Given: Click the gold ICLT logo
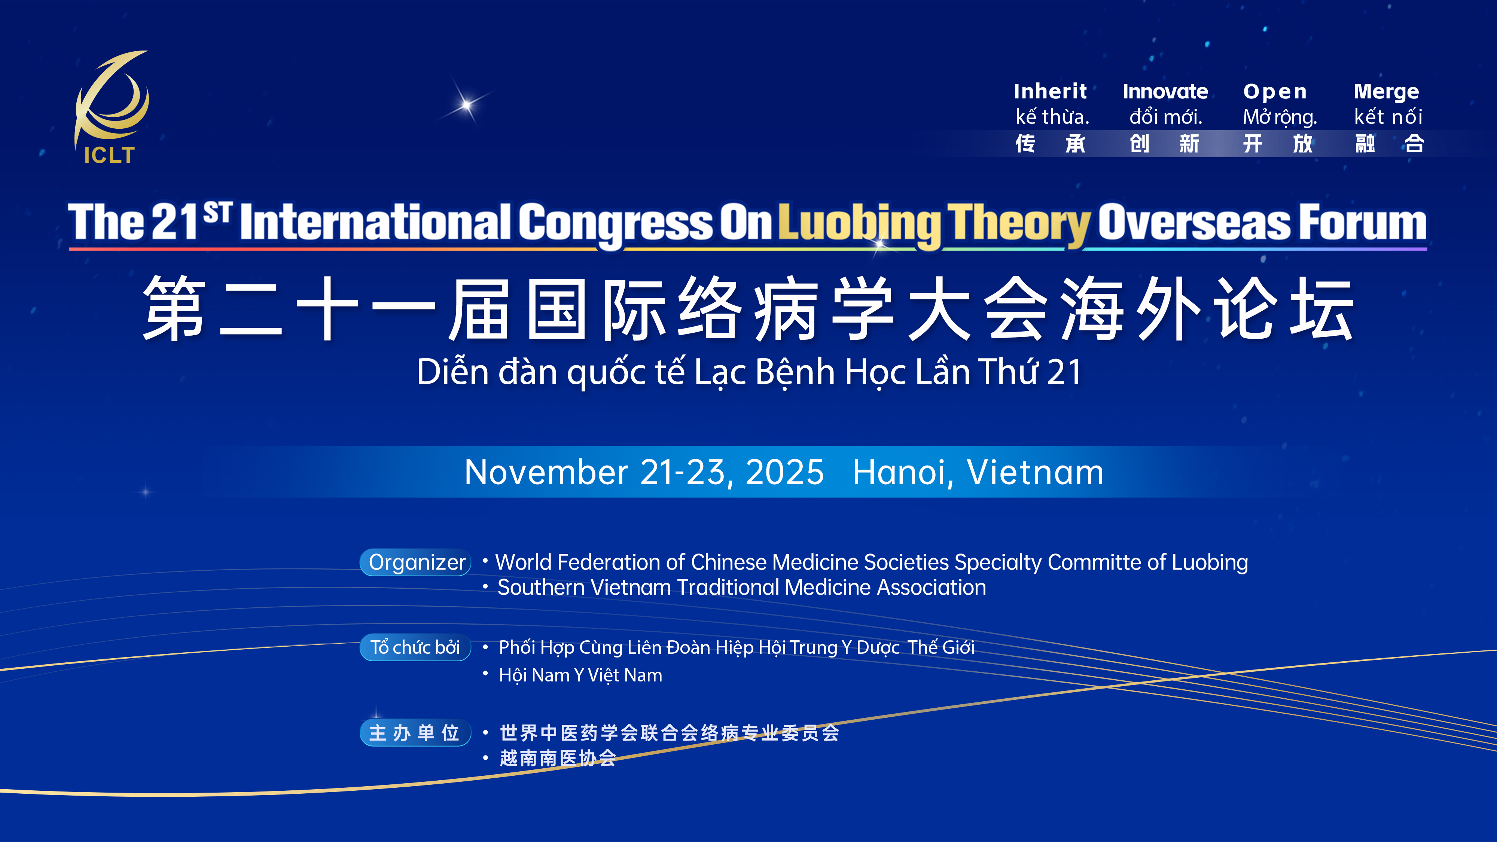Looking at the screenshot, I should coord(110,107).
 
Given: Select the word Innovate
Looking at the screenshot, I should coord(1165,91).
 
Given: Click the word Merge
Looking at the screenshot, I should coord(1386,92).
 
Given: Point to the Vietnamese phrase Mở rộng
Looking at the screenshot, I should coord(1280,118).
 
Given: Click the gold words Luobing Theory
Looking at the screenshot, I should coord(934,223).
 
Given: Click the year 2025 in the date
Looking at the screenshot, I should coord(784,472).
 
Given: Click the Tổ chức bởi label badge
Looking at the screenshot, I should coord(415,647).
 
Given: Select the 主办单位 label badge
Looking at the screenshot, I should coord(415,733).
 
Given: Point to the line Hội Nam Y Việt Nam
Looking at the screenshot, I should coord(580,675).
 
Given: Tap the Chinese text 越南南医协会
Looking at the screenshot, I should coord(558,758).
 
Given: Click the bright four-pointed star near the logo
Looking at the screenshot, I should coord(466,105).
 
